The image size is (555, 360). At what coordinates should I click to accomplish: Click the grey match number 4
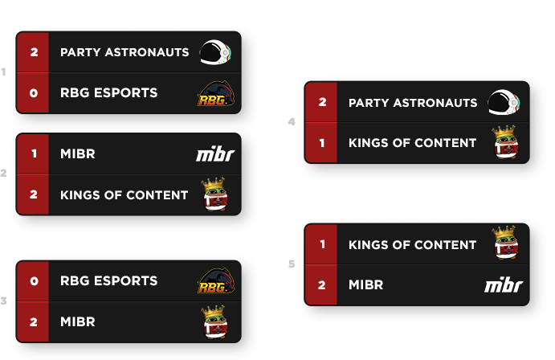click(292, 122)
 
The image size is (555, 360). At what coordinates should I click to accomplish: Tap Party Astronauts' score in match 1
click(34, 52)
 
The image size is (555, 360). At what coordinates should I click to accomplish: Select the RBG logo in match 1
click(215, 93)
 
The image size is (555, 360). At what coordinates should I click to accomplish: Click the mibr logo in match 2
click(215, 154)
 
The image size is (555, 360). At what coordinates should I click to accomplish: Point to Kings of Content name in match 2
click(124, 195)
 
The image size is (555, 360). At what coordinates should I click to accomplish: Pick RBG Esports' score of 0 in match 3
click(34, 281)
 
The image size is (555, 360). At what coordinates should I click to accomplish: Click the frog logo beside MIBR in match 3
click(214, 321)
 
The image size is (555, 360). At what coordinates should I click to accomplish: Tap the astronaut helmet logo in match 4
click(504, 102)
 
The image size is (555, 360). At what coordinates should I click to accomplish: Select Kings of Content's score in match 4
click(322, 143)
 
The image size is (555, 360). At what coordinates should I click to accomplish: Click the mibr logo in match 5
click(504, 285)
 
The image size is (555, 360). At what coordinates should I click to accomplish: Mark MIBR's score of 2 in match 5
click(322, 285)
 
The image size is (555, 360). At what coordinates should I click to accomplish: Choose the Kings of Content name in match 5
click(412, 245)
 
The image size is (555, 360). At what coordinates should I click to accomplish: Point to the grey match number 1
click(3, 72)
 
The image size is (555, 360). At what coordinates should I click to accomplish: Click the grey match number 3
click(3, 301)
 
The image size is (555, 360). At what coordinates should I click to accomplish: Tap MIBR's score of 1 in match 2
click(34, 153)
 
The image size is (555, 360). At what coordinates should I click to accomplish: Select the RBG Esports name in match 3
click(108, 280)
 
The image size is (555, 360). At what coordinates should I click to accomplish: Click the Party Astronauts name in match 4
click(413, 103)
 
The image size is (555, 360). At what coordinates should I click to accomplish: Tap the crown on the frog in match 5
click(504, 231)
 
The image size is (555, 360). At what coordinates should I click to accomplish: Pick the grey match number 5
click(292, 264)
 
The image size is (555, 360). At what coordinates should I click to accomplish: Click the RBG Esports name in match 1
click(108, 92)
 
